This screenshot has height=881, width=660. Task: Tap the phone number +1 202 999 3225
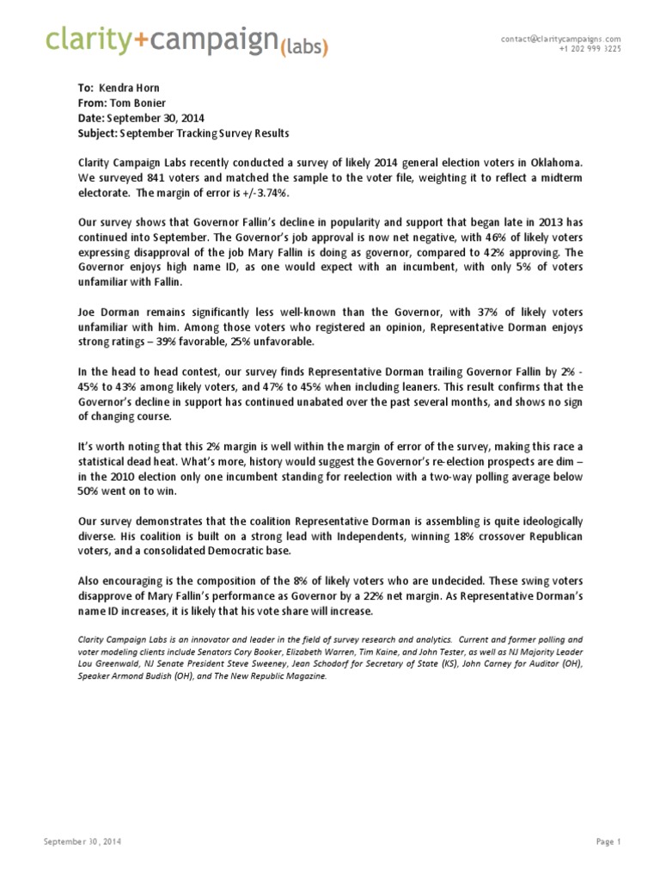(x=590, y=49)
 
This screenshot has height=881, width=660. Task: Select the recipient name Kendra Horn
(x=130, y=89)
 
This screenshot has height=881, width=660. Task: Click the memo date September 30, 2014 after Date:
(x=156, y=118)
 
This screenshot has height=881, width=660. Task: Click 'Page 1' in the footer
(x=607, y=841)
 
